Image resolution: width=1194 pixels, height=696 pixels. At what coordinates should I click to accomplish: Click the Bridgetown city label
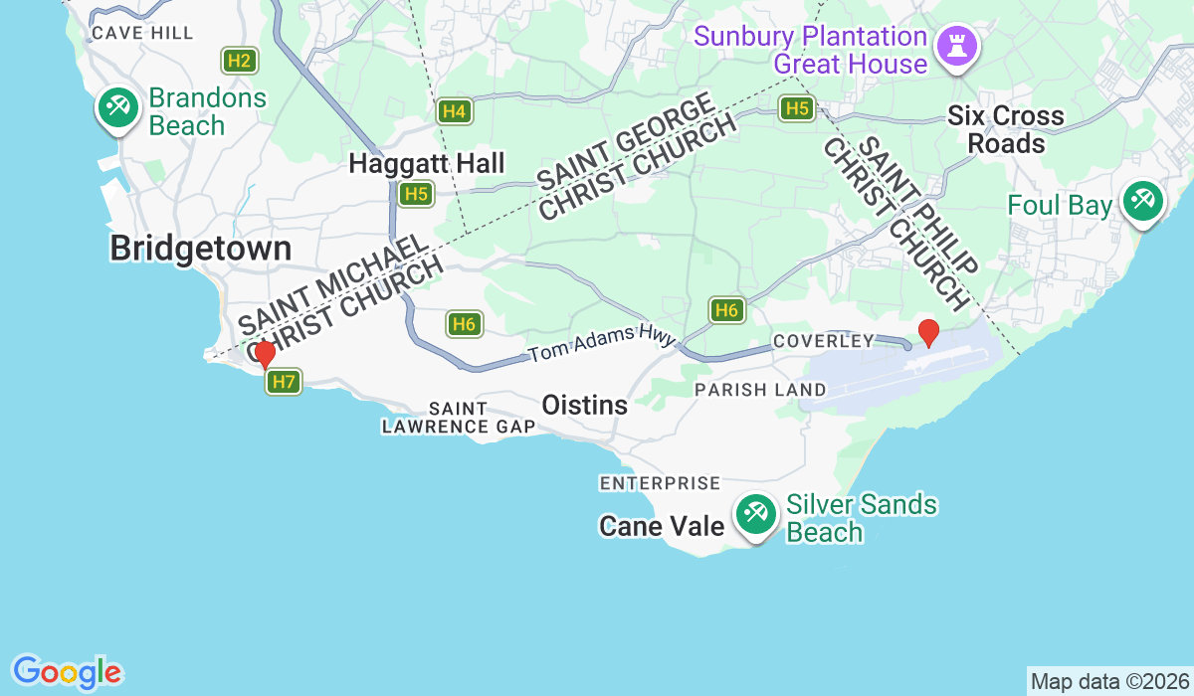point(201,249)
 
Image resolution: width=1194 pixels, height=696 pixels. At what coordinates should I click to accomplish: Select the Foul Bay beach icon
point(1141,203)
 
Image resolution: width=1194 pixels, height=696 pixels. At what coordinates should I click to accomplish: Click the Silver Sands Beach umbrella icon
point(756,515)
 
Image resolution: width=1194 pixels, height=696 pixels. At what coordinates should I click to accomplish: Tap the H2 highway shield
point(239,61)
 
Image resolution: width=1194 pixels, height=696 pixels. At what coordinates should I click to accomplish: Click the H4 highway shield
point(455,111)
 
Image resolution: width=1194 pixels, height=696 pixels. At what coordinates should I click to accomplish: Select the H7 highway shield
point(284,381)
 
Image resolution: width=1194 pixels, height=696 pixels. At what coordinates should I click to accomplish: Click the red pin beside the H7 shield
point(265,355)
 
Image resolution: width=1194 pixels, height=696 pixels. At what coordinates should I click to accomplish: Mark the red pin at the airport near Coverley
point(928,333)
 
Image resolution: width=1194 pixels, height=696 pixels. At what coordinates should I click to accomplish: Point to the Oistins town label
point(584,405)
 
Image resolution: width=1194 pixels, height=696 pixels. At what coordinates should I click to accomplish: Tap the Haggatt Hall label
point(427,164)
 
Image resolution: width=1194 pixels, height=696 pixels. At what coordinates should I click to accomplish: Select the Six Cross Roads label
point(1005,129)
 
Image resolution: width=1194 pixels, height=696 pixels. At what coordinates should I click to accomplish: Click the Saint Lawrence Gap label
point(458,418)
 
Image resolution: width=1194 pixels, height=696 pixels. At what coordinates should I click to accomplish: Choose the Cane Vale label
point(661,526)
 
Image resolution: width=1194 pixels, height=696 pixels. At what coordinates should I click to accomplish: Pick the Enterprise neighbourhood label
point(660,483)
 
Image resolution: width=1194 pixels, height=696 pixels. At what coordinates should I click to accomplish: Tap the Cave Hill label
point(142,33)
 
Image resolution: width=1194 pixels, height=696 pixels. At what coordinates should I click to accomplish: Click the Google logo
point(67,671)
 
